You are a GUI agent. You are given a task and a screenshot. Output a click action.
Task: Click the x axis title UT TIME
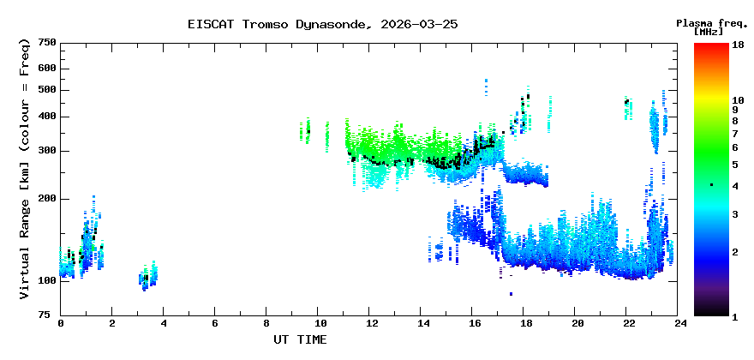point(300,339)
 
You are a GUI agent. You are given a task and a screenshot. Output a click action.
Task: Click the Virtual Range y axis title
point(25,168)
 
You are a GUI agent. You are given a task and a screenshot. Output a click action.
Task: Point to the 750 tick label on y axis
point(47,42)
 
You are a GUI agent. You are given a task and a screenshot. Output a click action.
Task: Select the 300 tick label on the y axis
point(47,150)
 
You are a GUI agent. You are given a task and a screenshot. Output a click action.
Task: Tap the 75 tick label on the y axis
point(51,315)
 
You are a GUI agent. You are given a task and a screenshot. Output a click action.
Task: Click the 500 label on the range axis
point(47,90)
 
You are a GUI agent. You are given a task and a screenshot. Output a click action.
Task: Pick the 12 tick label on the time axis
point(371,323)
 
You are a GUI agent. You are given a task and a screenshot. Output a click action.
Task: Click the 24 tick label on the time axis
point(679,323)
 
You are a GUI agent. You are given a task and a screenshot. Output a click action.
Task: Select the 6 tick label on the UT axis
point(215,323)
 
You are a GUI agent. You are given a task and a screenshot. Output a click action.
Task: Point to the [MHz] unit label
point(709,32)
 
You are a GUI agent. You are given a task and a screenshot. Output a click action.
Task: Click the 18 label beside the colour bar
point(737,45)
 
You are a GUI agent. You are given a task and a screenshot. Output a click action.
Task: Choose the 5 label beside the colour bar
point(734,164)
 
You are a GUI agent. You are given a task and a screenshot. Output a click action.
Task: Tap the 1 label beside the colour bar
point(734,316)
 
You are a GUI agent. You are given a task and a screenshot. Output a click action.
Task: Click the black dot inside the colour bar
point(711,185)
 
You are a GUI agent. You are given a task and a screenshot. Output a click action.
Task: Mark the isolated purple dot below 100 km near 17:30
point(511,294)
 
